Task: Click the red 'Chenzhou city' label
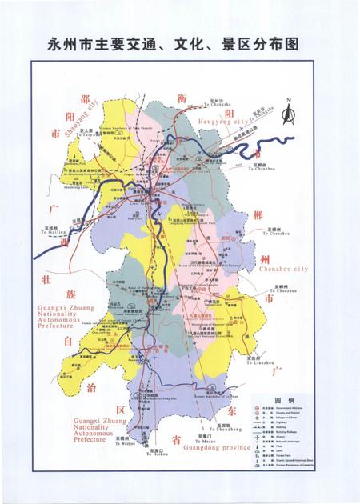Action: (284, 270)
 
